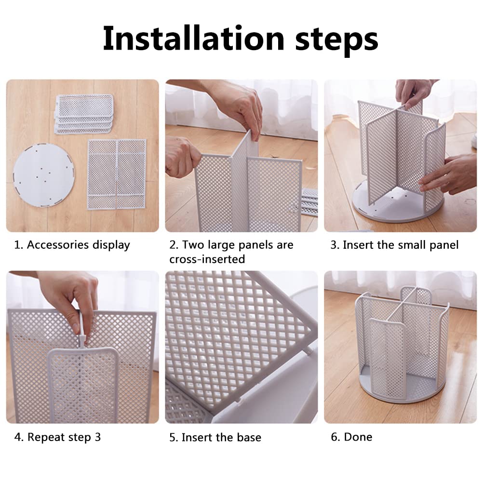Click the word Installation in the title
point(193,39)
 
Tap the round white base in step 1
point(44,175)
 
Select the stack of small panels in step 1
point(84,114)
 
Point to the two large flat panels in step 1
point(117,174)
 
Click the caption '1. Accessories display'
point(72,245)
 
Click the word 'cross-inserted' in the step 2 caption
point(207,259)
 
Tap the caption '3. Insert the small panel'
point(394,245)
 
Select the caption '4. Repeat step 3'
point(57,437)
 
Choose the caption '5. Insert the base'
point(215,437)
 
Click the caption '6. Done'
point(351,437)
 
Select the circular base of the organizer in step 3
point(397,205)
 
